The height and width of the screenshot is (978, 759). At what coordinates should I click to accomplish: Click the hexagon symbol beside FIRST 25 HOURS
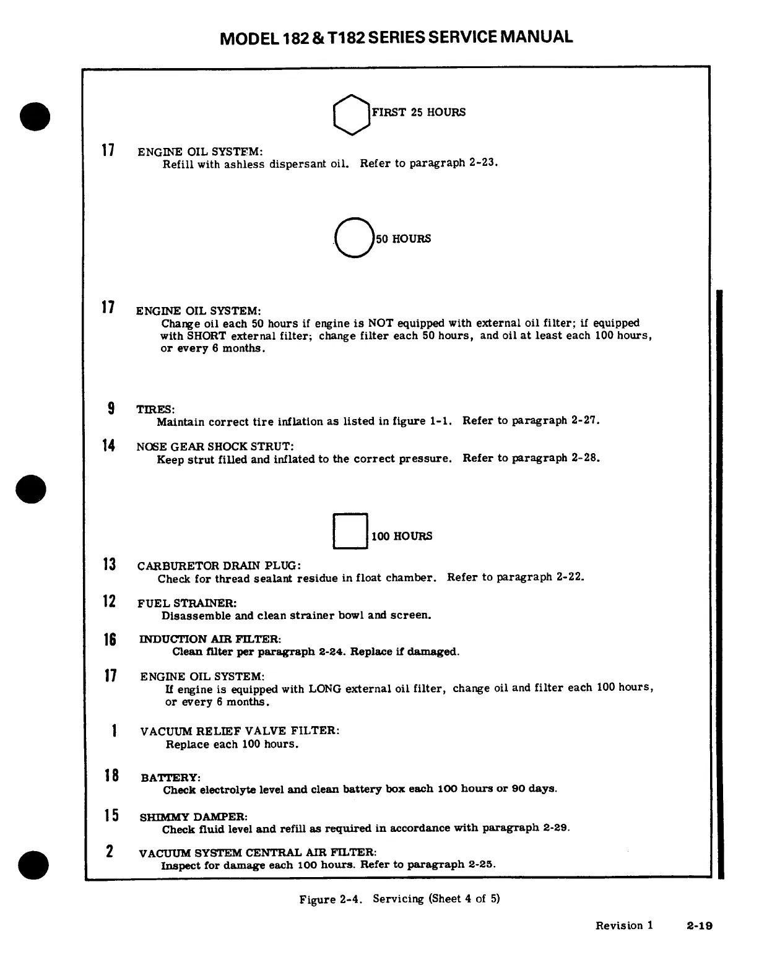[351, 114]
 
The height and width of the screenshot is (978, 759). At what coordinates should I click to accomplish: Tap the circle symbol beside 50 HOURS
[353, 238]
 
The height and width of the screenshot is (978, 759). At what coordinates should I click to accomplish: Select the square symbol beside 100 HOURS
[350, 531]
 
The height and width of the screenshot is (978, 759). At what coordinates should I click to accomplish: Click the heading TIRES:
[155, 410]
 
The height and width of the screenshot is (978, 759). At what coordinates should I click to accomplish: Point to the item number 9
[111, 409]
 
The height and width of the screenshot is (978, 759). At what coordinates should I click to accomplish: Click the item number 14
[108, 446]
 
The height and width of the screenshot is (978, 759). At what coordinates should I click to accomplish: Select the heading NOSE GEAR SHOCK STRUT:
[215, 446]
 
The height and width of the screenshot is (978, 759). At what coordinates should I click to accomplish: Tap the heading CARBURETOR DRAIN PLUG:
[219, 566]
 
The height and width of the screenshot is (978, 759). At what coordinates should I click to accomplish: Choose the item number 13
[109, 565]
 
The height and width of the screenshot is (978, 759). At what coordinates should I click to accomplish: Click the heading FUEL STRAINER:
[187, 603]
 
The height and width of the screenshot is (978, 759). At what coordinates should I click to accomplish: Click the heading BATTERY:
[171, 777]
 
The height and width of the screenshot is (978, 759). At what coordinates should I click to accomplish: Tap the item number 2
[110, 851]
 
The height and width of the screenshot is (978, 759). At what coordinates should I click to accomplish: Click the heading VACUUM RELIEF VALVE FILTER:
[240, 731]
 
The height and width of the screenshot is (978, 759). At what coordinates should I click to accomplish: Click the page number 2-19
[699, 926]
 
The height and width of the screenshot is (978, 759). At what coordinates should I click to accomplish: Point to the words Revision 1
[624, 925]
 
